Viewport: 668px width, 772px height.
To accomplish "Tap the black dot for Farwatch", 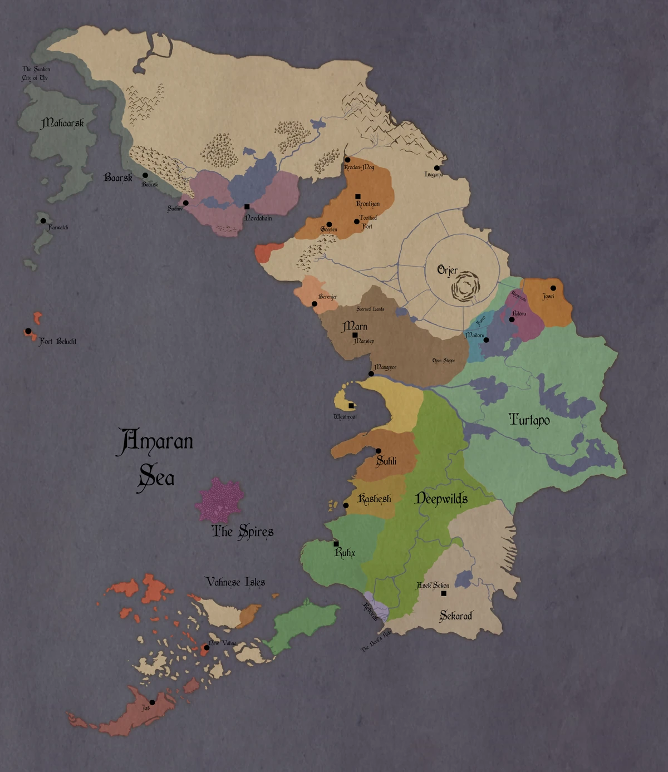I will tap(43, 221).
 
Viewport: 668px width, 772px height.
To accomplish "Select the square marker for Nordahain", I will tap(247, 206).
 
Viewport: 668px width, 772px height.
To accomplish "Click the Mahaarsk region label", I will tap(62, 123).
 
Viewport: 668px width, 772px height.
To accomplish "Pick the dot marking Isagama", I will tap(437, 168).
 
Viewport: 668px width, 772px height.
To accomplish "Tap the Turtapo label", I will tap(529, 420).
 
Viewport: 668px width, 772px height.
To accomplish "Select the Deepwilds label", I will tap(441, 499).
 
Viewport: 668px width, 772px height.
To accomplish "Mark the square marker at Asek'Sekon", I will tap(444, 593).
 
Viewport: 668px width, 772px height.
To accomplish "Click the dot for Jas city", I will tap(152, 702).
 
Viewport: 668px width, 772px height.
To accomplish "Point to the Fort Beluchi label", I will tap(58, 341).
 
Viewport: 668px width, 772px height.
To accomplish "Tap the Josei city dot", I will tap(553, 288).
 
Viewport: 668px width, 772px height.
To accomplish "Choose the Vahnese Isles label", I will tap(235, 582).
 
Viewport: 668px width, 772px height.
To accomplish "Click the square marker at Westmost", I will tap(351, 406).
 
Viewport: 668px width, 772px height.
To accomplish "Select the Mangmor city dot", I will tap(371, 374).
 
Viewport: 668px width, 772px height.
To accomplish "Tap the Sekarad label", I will tap(456, 616).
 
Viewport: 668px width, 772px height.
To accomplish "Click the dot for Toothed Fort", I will tap(357, 222).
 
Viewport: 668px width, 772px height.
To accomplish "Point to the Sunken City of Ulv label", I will tap(36, 73).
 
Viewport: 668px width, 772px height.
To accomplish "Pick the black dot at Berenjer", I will tap(315, 304).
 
